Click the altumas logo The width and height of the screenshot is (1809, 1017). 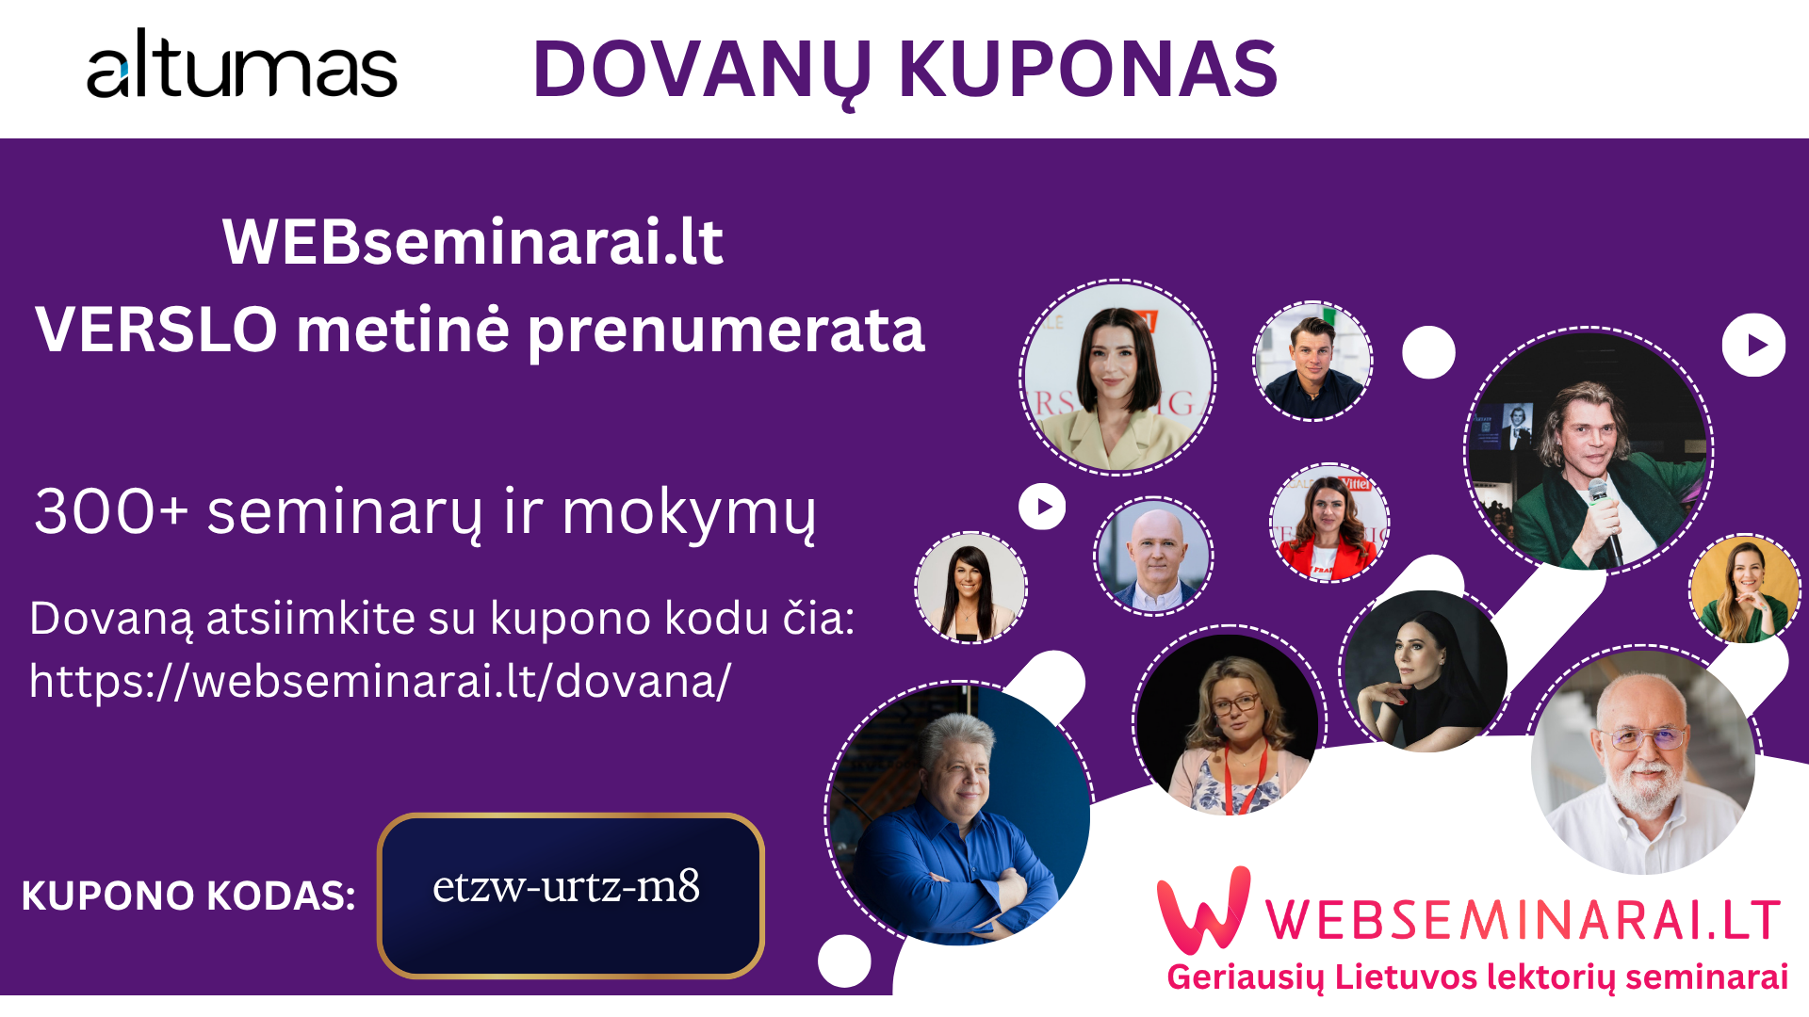click(242, 64)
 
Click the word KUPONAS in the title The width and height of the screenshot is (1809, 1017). click(1088, 69)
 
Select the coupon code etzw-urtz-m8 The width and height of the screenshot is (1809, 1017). click(566, 886)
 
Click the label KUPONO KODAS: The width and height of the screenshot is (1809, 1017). click(188, 896)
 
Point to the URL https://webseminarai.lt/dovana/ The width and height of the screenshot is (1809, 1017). click(380, 681)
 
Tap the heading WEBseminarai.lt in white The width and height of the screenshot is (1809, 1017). click(473, 242)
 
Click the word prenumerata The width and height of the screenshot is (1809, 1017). click(725, 331)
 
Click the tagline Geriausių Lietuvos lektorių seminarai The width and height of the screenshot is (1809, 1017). click(1477, 977)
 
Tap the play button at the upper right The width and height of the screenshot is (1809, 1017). click(1753, 345)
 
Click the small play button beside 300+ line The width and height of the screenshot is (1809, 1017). click(1042, 507)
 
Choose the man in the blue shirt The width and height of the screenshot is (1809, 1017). click(959, 814)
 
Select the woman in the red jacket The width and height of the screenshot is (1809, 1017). click(1329, 523)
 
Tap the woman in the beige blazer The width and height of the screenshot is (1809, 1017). click(1117, 378)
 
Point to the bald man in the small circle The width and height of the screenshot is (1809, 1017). click(1153, 557)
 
